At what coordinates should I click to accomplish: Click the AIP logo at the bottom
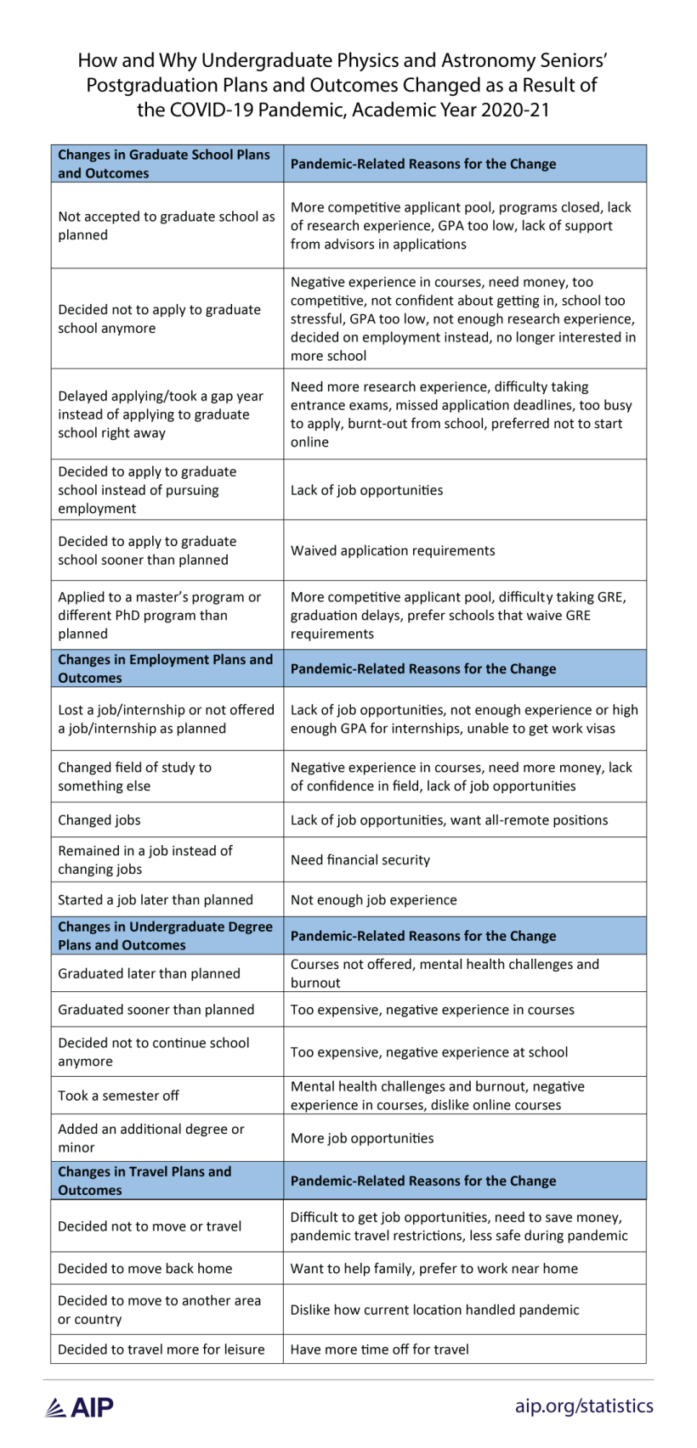[x=79, y=1406]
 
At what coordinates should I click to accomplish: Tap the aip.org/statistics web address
[x=584, y=1406]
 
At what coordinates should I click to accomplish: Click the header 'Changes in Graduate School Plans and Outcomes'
[x=164, y=164]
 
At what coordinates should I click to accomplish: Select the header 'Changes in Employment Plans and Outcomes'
[x=165, y=668]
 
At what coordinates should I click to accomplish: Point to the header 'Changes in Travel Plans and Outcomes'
[x=144, y=1180]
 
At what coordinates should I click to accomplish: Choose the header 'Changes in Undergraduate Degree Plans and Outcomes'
[x=165, y=935]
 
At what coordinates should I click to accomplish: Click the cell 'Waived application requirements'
[x=393, y=550]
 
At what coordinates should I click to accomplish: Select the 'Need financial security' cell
[x=360, y=859]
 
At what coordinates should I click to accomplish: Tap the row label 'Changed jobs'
[x=99, y=820]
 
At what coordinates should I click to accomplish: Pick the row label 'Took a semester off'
[x=118, y=1096]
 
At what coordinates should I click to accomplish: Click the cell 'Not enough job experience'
[x=374, y=899]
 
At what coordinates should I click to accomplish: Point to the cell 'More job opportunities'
[x=362, y=1138]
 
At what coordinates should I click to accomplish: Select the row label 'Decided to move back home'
[x=145, y=1268]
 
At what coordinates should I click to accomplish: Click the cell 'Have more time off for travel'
[x=380, y=1349]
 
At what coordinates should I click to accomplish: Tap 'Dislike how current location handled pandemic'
[x=435, y=1310]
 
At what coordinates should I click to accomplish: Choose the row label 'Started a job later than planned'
[x=156, y=899]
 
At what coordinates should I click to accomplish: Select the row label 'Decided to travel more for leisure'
[x=161, y=1349]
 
